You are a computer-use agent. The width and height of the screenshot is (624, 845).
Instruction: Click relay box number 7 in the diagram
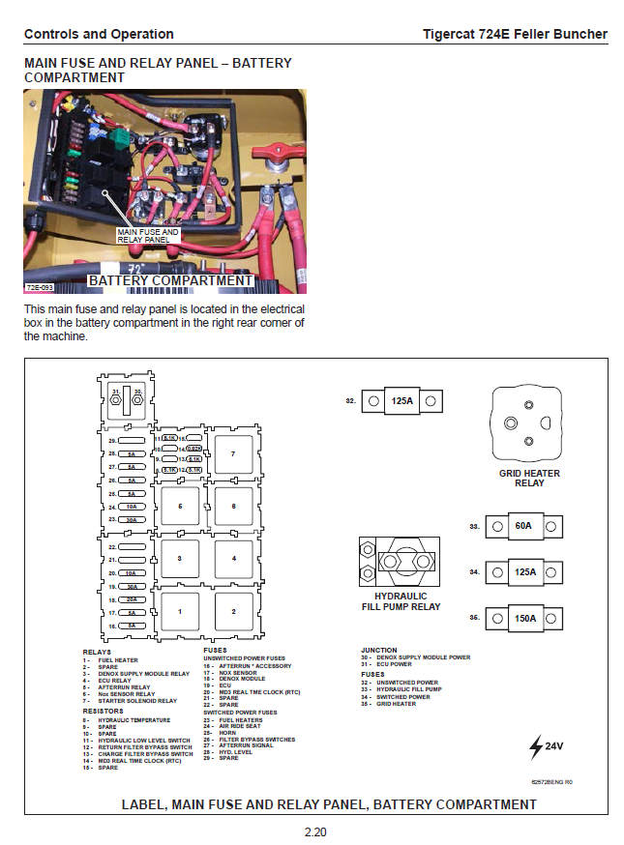pos(232,452)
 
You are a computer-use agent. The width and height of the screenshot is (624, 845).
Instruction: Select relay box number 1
pos(178,611)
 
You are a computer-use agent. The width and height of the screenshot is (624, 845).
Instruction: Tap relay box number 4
pos(232,558)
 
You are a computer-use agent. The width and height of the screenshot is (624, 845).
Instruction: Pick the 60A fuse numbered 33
pos(523,527)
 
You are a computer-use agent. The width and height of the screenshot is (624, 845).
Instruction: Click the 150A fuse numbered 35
pos(523,618)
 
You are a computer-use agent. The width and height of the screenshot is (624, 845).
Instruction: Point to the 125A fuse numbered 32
pos(401,400)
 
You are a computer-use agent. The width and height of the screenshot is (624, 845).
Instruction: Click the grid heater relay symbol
pos(528,424)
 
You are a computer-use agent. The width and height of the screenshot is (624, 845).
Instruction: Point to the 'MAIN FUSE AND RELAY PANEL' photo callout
pos(148,235)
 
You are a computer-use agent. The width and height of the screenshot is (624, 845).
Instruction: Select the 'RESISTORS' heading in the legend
pos(103,711)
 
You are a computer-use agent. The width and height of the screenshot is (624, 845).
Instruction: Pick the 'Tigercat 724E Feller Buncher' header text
pos(515,34)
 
